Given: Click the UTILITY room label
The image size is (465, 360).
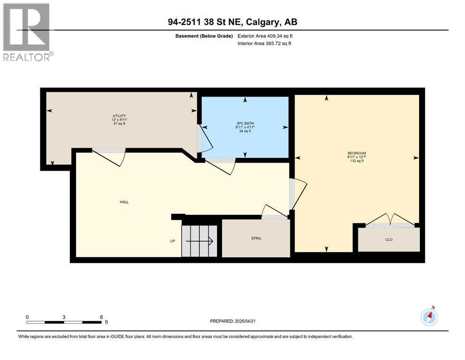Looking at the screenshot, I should tap(119, 116).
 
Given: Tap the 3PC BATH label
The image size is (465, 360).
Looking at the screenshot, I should tap(244, 123).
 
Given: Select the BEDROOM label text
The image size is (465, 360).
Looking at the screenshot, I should tap(356, 153).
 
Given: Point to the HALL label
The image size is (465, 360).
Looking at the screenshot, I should tap(124, 202).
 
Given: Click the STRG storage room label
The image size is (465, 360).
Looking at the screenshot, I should tap(256, 238).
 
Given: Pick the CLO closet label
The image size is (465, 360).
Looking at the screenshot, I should tap(389, 240).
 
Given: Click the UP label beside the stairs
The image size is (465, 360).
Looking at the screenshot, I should tap(172, 241).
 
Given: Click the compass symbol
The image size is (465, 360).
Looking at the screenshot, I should tap(429, 317).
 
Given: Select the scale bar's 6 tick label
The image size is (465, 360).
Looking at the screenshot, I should tap(101, 317).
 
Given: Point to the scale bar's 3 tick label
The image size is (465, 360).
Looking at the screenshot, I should tap(64, 317).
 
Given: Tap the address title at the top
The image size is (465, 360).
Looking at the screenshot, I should tap(232, 22).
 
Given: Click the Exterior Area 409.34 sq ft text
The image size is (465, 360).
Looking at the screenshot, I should tap(266, 36).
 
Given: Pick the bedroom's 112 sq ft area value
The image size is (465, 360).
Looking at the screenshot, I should tap(356, 161).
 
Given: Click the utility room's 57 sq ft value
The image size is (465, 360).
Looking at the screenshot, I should tap(119, 124).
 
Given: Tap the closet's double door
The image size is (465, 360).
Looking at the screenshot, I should tap(390, 221).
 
